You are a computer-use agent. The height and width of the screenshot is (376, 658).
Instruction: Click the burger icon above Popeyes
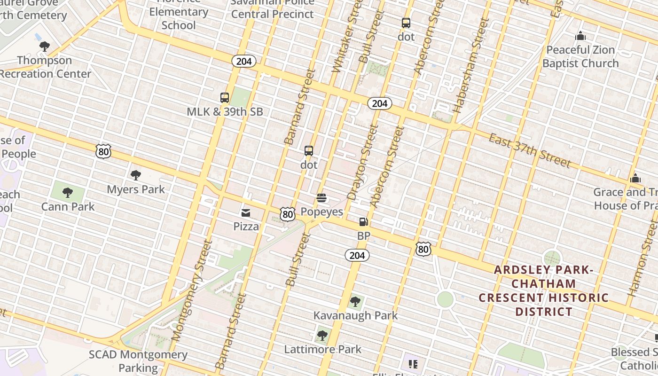321,198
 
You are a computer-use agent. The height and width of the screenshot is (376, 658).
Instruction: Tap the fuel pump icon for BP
363,222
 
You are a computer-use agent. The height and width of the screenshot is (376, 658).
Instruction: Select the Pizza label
246,227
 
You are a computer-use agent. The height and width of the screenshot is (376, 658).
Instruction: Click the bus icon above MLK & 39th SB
225,98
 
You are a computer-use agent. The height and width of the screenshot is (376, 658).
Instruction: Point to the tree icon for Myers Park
136,175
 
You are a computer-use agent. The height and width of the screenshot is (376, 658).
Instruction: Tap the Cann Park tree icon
68,192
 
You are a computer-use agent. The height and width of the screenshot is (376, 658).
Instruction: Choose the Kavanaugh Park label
355,315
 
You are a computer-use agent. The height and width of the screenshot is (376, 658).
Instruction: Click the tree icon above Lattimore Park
322,335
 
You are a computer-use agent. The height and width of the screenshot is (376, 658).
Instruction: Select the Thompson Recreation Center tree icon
45,46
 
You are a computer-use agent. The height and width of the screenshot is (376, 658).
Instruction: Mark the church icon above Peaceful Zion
580,36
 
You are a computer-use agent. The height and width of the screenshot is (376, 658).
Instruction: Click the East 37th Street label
530,150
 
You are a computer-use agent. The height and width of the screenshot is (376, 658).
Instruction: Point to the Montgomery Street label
192,290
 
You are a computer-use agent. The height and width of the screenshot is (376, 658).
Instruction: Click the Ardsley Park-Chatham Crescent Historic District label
544,290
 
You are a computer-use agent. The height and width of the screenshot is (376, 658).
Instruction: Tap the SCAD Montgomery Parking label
138,361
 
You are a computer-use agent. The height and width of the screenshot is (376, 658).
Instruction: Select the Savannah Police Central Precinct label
272,8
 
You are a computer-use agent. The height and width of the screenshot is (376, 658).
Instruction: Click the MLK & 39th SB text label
225,112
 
